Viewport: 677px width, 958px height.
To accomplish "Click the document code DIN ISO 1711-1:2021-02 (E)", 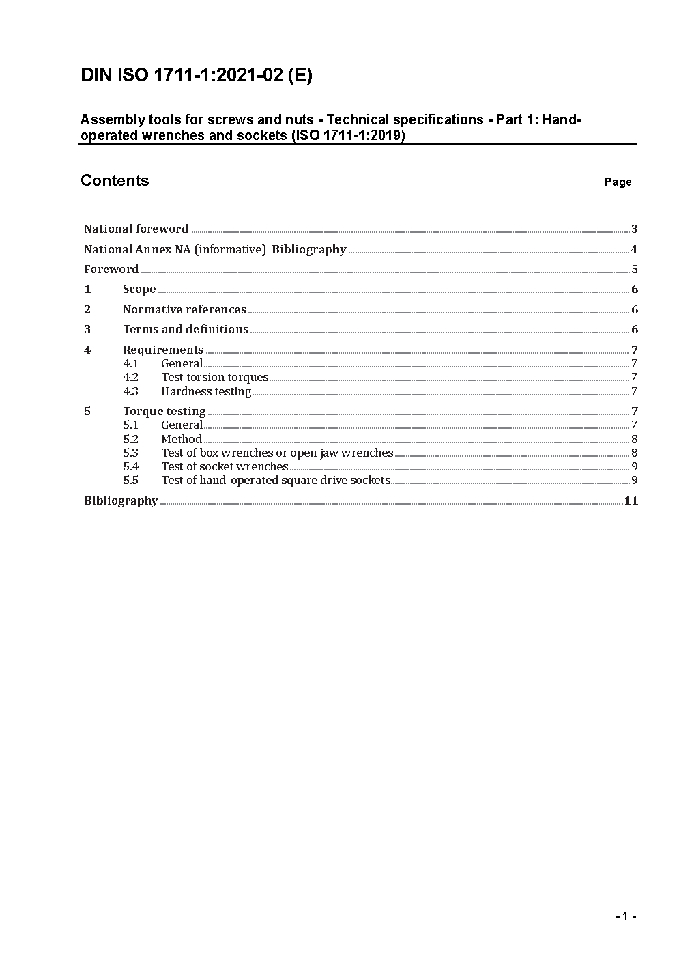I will coord(197,75).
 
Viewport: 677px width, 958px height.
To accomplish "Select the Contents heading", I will coord(115,180).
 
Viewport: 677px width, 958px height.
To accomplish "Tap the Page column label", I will coord(618,182).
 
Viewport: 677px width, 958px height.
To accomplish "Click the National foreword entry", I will coord(136,229).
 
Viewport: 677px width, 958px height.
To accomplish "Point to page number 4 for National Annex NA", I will coord(634,249).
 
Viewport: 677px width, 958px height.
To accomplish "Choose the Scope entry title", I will coord(139,289).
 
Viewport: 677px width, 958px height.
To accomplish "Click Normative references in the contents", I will coord(184,309).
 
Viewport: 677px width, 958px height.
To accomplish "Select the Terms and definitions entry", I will coord(186,329).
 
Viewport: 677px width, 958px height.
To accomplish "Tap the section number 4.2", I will coord(130,377).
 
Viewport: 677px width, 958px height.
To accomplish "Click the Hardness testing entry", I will coord(206,391).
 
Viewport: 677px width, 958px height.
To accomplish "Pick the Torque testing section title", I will coord(164,411).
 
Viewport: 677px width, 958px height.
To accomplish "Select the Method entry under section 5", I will coord(182,439).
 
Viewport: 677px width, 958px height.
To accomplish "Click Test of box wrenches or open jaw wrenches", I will coord(277,453).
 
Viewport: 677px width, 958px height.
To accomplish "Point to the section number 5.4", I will coord(130,466).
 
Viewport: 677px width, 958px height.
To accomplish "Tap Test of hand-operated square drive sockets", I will coord(276,480).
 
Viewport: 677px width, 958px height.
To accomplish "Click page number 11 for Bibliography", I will coord(631,501).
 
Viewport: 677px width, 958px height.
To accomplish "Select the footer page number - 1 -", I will coord(625,916).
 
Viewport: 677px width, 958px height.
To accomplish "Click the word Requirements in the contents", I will coord(163,350).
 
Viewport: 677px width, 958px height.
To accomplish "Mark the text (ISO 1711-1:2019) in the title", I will coord(348,135).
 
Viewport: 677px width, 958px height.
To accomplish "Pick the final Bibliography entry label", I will coord(121,501).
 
